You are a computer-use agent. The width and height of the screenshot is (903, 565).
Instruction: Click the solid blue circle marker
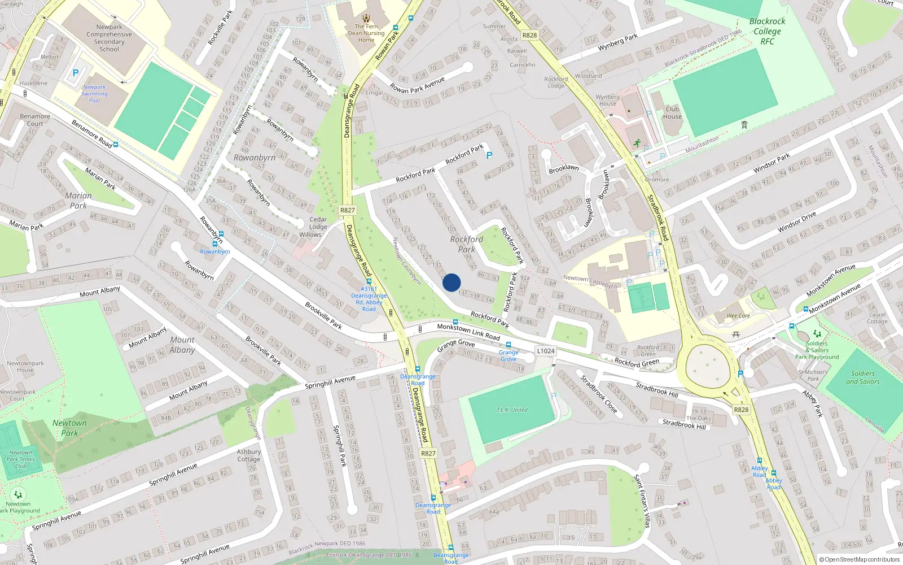click(451, 282)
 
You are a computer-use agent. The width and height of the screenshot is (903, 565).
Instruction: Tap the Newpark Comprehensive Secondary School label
click(109, 38)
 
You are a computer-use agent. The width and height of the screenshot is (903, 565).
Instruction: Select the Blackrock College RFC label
click(767, 31)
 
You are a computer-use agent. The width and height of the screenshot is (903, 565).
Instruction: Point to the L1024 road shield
click(545, 351)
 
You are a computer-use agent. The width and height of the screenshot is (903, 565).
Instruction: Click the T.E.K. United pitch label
click(512, 410)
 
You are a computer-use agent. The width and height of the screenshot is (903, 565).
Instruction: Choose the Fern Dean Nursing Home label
click(366, 33)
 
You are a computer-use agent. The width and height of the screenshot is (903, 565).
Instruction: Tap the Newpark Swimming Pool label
click(94, 94)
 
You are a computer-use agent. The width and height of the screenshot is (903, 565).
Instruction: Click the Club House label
click(672, 113)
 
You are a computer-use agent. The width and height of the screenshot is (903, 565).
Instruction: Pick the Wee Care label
click(738, 316)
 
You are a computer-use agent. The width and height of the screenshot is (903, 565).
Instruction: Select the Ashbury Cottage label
click(249, 455)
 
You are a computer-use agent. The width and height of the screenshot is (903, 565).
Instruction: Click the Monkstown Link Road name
click(468, 332)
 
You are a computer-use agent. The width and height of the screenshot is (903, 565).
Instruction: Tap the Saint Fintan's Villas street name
click(642, 501)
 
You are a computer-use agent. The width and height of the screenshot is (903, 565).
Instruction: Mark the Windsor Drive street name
click(796, 222)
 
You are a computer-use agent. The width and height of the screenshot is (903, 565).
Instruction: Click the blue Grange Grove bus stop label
click(509, 355)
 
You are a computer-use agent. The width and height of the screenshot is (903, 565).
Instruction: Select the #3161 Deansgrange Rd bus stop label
click(369, 299)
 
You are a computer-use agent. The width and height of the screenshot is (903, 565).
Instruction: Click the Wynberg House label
click(607, 100)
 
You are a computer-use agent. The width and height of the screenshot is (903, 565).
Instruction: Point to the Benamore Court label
click(35, 120)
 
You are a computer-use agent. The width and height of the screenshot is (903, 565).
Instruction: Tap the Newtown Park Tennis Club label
click(21, 459)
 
